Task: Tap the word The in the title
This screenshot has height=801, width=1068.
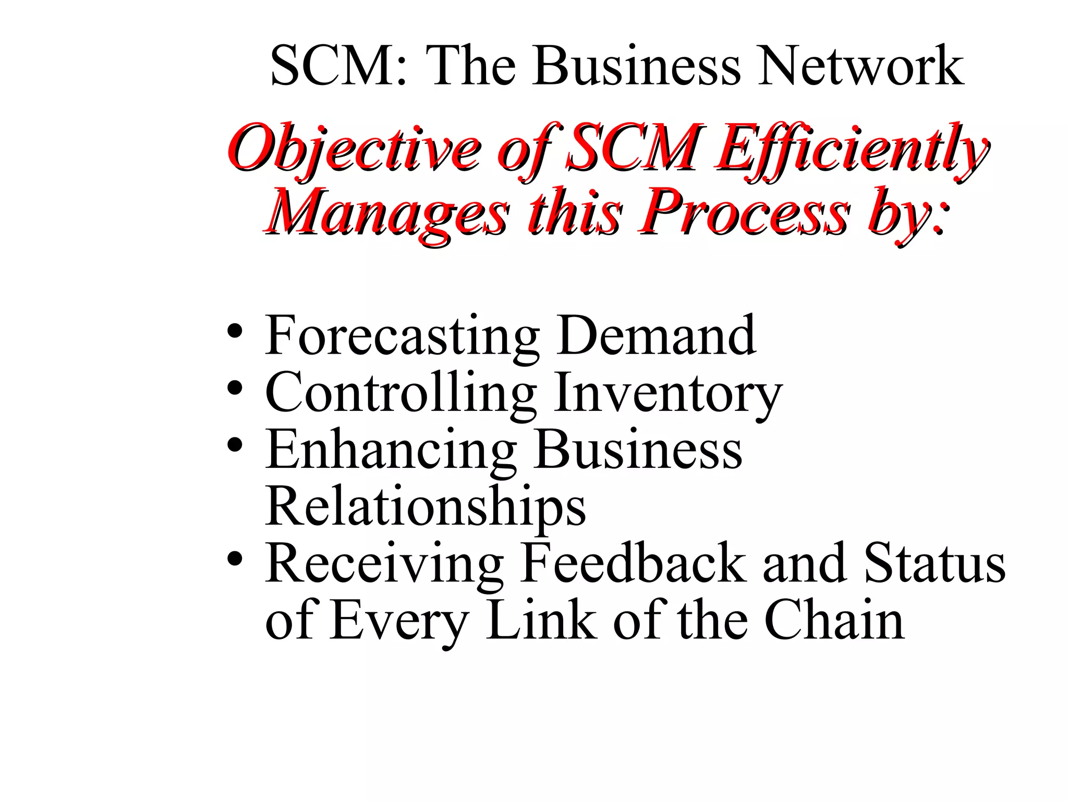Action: tap(470, 66)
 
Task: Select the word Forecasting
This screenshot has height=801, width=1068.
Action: tap(402, 336)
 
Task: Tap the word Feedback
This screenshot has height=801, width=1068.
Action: tap(634, 564)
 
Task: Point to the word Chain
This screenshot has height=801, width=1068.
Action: tap(834, 620)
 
